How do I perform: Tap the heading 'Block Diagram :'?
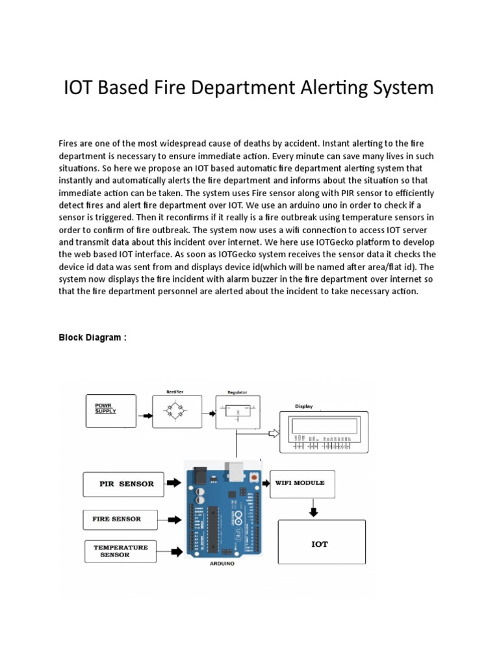92,338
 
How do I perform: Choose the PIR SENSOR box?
123,484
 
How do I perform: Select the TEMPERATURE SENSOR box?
124,551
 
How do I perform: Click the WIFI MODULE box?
302,484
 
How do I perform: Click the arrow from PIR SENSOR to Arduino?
173,483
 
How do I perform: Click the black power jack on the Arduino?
198,478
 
